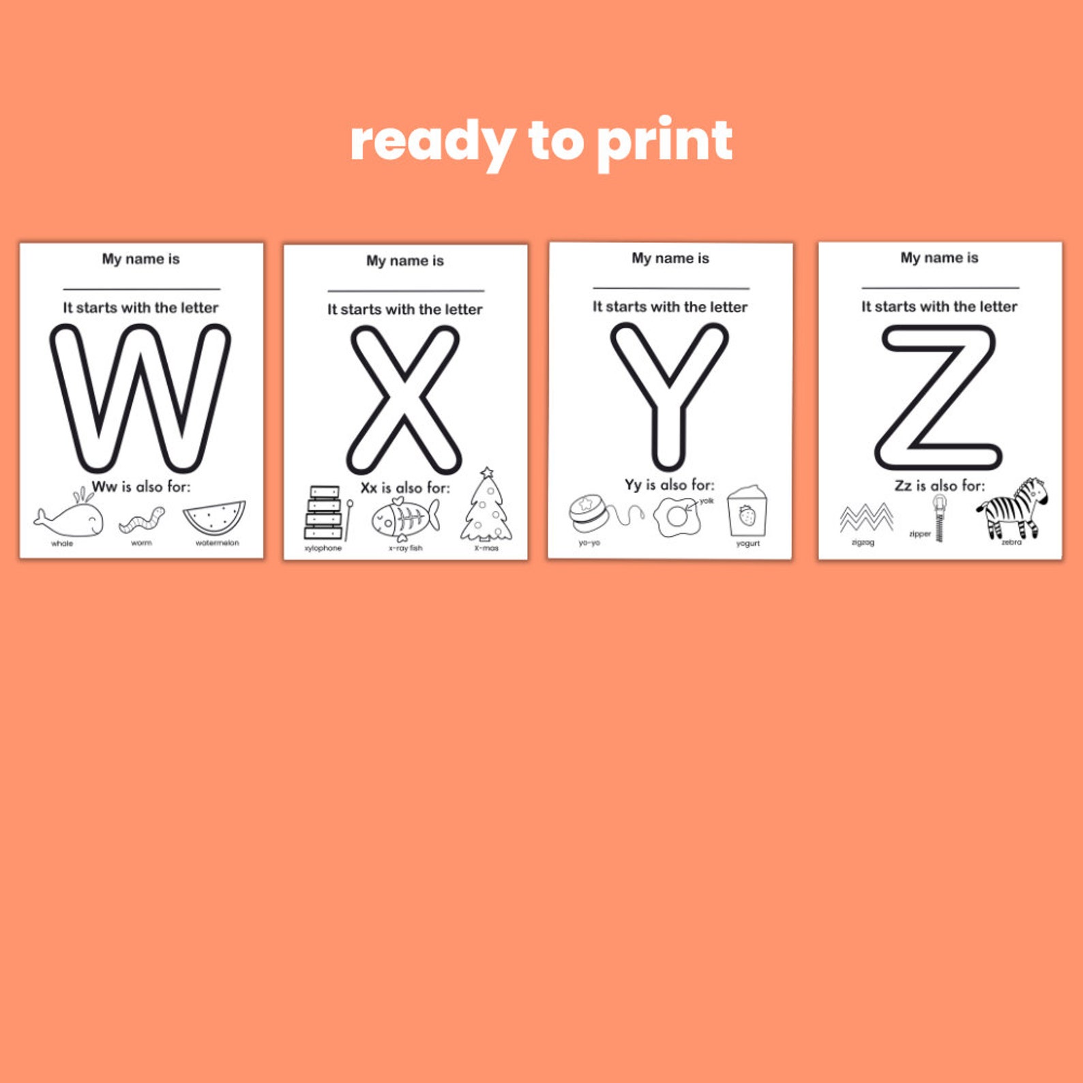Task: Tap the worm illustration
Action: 142,520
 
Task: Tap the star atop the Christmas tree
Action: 486,473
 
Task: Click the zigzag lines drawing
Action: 866,518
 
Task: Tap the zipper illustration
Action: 940,518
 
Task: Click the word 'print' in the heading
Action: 664,142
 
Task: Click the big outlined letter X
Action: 405,400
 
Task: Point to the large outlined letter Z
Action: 938,398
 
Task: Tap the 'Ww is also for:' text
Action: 141,487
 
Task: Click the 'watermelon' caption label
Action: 217,543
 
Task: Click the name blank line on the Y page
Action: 670,288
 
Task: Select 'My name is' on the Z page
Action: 939,258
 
